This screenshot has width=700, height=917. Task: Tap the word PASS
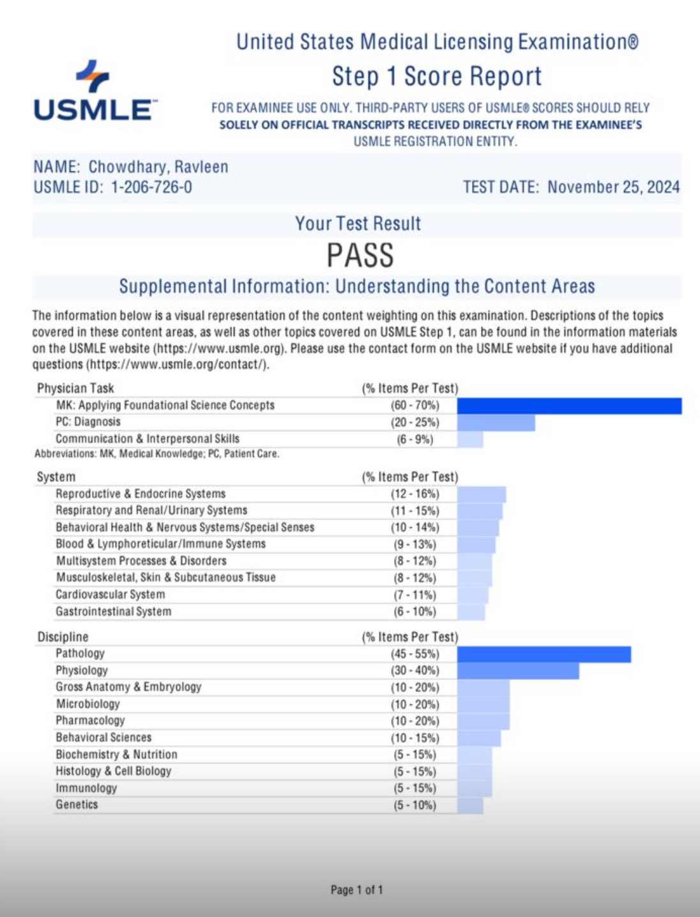coord(360,255)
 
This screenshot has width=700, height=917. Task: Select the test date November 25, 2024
coord(613,187)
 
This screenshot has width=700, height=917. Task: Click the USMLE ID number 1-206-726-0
coord(151,187)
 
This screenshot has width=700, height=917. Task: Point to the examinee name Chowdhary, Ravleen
coord(158,167)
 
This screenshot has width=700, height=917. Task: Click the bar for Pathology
coord(544,654)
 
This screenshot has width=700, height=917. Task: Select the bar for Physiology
coord(518,670)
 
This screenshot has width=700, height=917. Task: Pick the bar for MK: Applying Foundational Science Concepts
coord(569,405)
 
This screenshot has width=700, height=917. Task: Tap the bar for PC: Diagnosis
coord(496,422)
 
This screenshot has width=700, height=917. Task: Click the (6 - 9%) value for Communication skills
coord(415,439)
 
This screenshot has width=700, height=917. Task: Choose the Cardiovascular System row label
coord(110,594)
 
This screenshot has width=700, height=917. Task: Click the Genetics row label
coord(77,805)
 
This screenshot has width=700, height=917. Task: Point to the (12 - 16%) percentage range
coord(415,494)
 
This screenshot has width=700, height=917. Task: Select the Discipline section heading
coord(63,636)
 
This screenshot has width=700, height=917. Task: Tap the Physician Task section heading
coord(75,388)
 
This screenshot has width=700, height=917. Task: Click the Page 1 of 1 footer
coord(356,890)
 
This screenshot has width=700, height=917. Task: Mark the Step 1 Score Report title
coord(437,76)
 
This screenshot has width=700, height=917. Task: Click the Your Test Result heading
coord(358,224)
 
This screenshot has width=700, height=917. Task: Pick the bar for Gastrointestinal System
coord(471,612)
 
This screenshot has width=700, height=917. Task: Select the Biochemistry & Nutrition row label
coord(116,754)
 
